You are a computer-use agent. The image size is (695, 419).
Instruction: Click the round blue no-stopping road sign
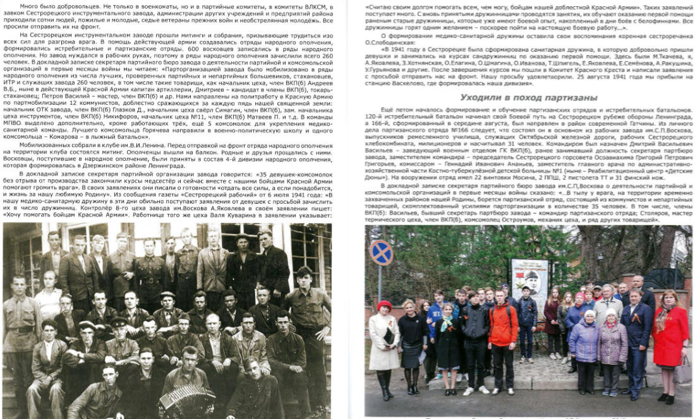[381, 252]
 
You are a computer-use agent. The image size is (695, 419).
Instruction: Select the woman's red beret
[384, 306]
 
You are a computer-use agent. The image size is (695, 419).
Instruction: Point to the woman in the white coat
[384, 341]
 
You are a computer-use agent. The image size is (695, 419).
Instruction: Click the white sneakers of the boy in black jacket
[473, 391]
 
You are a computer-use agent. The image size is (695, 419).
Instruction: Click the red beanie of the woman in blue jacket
[579, 296]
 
